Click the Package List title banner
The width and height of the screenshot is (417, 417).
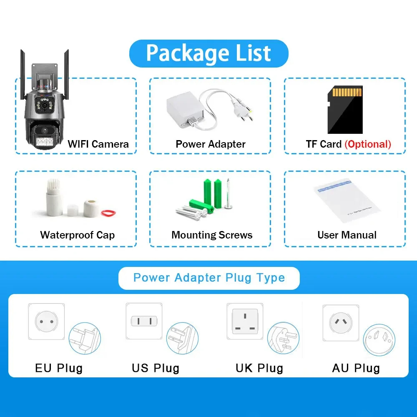[209, 53]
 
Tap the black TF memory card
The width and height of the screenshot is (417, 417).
[345, 110]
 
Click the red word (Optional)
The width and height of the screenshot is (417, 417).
[368, 144]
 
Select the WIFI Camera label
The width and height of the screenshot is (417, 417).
[98, 144]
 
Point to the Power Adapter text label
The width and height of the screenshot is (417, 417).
[210, 144]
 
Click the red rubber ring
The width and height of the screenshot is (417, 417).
[108, 213]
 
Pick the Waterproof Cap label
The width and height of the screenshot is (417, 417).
[78, 235]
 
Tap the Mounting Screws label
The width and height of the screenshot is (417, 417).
[212, 235]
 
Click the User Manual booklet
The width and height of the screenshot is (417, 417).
[347, 201]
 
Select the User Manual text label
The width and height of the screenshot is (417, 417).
[347, 235]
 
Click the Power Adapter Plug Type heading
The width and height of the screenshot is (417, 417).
[209, 278]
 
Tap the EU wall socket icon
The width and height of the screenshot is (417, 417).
[47, 322]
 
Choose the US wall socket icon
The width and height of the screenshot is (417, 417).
[144, 321]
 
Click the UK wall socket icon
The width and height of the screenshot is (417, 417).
[245, 321]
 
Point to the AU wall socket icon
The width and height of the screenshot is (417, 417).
[341, 323]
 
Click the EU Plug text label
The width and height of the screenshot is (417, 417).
[59, 368]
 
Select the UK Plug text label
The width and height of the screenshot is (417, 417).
[259, 368]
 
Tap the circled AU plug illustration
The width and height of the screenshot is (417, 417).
[379, 340]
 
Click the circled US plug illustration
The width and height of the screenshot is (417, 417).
[183, 339]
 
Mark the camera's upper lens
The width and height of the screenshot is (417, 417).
[44, 106]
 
